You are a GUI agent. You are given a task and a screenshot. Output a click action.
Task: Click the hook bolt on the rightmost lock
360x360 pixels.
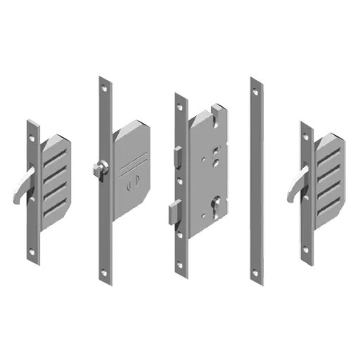pos(295,187)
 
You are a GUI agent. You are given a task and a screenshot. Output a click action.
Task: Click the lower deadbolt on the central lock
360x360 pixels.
pos(174,209)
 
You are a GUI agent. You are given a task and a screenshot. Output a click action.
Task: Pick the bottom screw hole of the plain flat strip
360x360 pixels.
pos(257,274)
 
